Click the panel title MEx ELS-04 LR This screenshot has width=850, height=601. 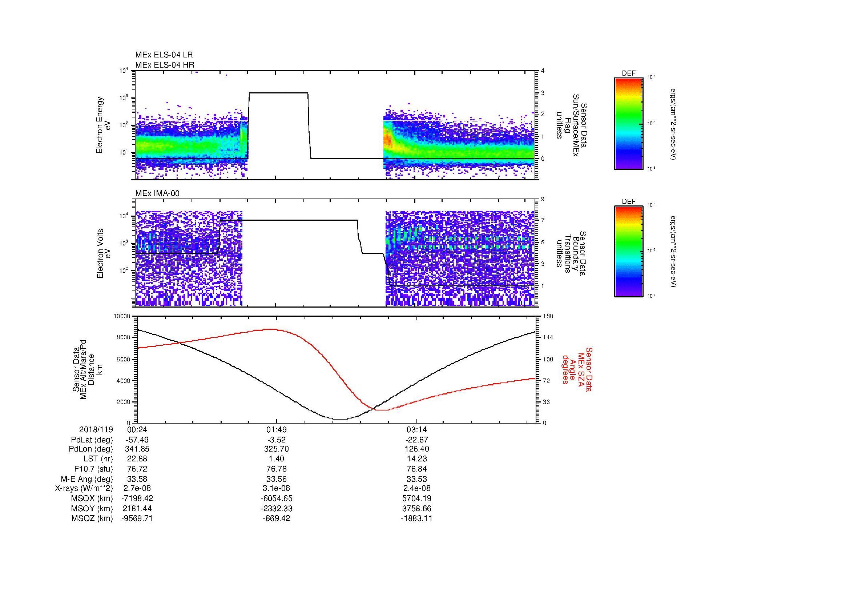coord(164,55)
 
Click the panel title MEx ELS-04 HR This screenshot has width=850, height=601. coord(165,65)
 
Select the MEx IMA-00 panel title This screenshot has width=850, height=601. coord(157,193)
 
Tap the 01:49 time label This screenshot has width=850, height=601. coord(276,429)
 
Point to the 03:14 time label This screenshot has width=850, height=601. coord(416,429)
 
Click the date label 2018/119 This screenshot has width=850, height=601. coord(96,429)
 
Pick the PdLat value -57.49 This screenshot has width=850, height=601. coord(137,440)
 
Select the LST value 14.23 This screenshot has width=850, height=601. coord(416,459)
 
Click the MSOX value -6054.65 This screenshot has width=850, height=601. coord(276,498)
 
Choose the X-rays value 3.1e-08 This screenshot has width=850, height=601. coord(276,488)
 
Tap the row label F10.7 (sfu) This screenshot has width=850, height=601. coord(93,469)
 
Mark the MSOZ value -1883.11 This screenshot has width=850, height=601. coord(416,518)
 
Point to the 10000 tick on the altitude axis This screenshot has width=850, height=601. coord(122,316)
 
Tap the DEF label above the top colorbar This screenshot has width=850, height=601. coord(629,74)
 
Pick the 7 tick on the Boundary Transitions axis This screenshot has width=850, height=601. coord(543,220)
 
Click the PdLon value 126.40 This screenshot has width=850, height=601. coord(416,449)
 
